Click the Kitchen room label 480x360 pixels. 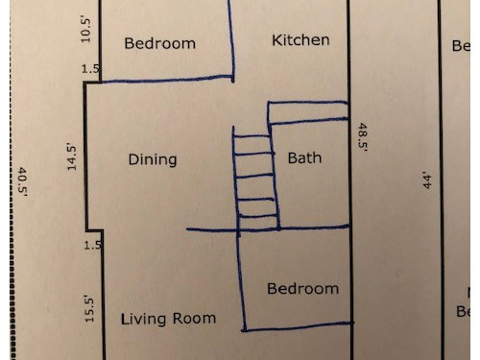300,40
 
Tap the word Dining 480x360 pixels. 153,159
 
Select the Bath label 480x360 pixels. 304,158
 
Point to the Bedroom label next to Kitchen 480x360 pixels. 159,43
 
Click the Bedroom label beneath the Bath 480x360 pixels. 302,289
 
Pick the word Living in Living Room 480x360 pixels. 144,320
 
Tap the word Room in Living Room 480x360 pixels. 194,319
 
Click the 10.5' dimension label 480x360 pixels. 85,31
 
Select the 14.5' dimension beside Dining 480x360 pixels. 72,158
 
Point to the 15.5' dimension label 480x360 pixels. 89,310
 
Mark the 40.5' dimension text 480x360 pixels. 22,181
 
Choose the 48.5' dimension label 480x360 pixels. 363,137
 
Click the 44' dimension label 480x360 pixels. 427,181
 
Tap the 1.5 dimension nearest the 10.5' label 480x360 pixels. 90,69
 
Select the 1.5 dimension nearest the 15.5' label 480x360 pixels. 92,246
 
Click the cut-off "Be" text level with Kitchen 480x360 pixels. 461,46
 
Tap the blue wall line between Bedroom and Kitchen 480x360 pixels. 231,41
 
